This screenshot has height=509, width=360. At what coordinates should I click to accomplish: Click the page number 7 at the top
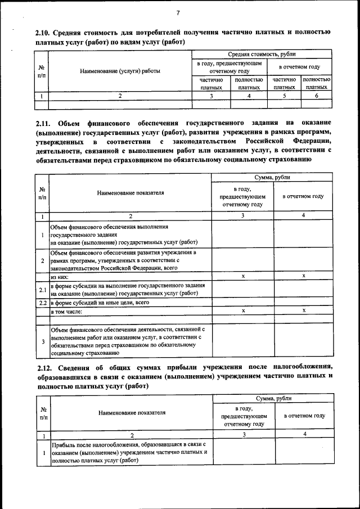(178, 12)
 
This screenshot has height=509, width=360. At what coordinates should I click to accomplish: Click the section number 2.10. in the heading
(44, 33)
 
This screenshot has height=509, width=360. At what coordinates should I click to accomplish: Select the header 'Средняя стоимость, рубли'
(262, 55)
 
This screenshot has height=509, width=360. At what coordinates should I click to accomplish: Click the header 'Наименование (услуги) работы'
(120, 71)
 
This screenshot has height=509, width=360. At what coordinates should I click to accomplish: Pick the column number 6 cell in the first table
(316, 96)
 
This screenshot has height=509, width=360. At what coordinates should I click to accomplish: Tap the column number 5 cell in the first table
(284, 96)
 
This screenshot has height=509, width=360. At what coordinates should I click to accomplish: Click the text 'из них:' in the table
(60, 277)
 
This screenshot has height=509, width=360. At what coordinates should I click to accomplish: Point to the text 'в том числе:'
(67, 311)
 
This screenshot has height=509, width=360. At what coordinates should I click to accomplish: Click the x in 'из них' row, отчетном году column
(304, 276)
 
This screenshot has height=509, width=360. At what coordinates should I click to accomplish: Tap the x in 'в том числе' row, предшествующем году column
(242, 310)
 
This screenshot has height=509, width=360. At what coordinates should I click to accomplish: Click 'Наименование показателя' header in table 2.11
(130, 192)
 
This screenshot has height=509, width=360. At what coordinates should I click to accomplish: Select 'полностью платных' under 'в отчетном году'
(316, 84)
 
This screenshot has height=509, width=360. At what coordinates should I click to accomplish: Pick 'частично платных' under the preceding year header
(211, 84)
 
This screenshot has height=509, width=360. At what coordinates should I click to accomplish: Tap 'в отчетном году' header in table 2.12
(304, 416)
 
